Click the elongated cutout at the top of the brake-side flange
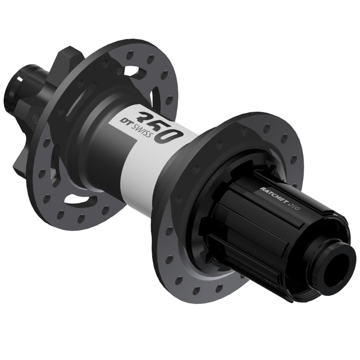(x=135, y=72)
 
